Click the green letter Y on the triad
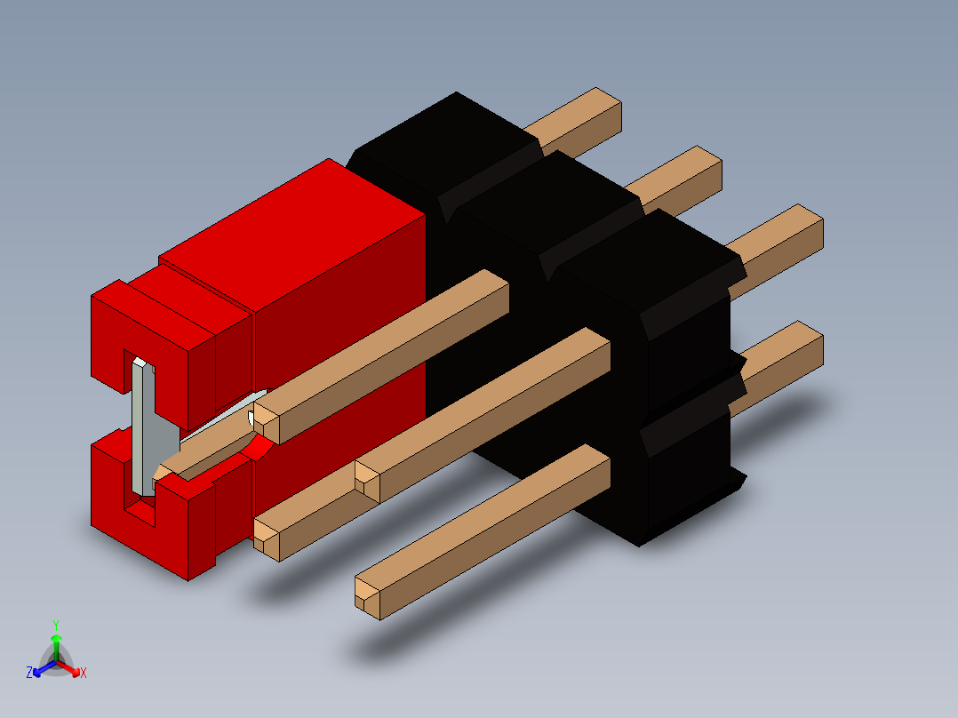tap(55, 624)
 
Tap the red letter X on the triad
tap(84, 673)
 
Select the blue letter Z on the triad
tap(29, 673)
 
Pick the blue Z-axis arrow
tap(41, 669)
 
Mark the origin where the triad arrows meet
tap(55, 662)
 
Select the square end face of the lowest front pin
tap(366, 594)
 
